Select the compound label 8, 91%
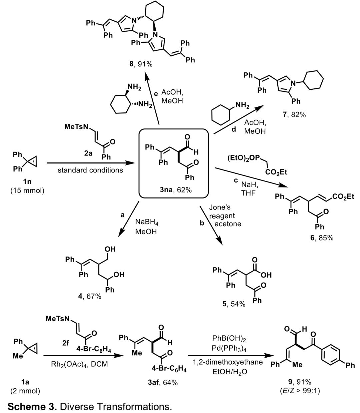(141, 64)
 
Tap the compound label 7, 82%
(293, 115)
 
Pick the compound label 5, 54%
(235, 304)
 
